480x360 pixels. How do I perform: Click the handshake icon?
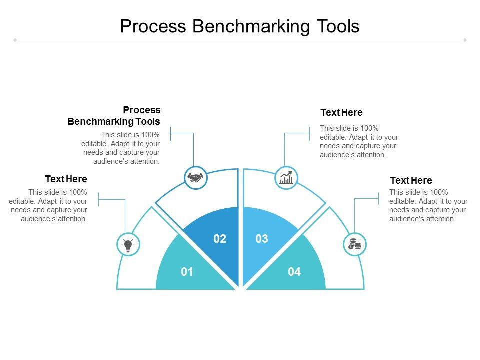[x=196, y=178]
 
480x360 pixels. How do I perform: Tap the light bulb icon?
[x=128, y=245]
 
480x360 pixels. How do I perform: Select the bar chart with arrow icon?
[x=286, y=178]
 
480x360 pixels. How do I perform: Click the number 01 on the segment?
[x=187, y=272]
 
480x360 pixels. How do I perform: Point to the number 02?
[x=220, y=239]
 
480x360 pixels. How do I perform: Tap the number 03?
[x=262, y=239]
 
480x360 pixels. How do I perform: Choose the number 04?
[x=294, y=272]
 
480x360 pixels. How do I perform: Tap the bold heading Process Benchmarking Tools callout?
[x=114, y=116]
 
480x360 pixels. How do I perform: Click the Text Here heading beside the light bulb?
[x=66, y=179]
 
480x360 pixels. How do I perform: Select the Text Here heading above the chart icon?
[x=341, y=112]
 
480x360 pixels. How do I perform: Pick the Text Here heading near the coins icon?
[x=411, y=180]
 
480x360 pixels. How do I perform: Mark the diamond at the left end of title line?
[x=15, y=40]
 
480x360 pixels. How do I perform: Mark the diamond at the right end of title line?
[x=465, y=40]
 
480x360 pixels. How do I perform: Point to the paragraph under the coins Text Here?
[x=428, y=205]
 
